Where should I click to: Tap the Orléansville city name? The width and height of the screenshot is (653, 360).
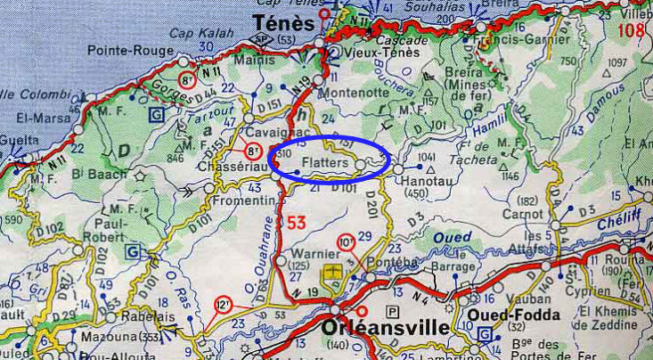(385, 328)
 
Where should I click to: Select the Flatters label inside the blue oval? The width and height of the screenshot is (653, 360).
(325, 163)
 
